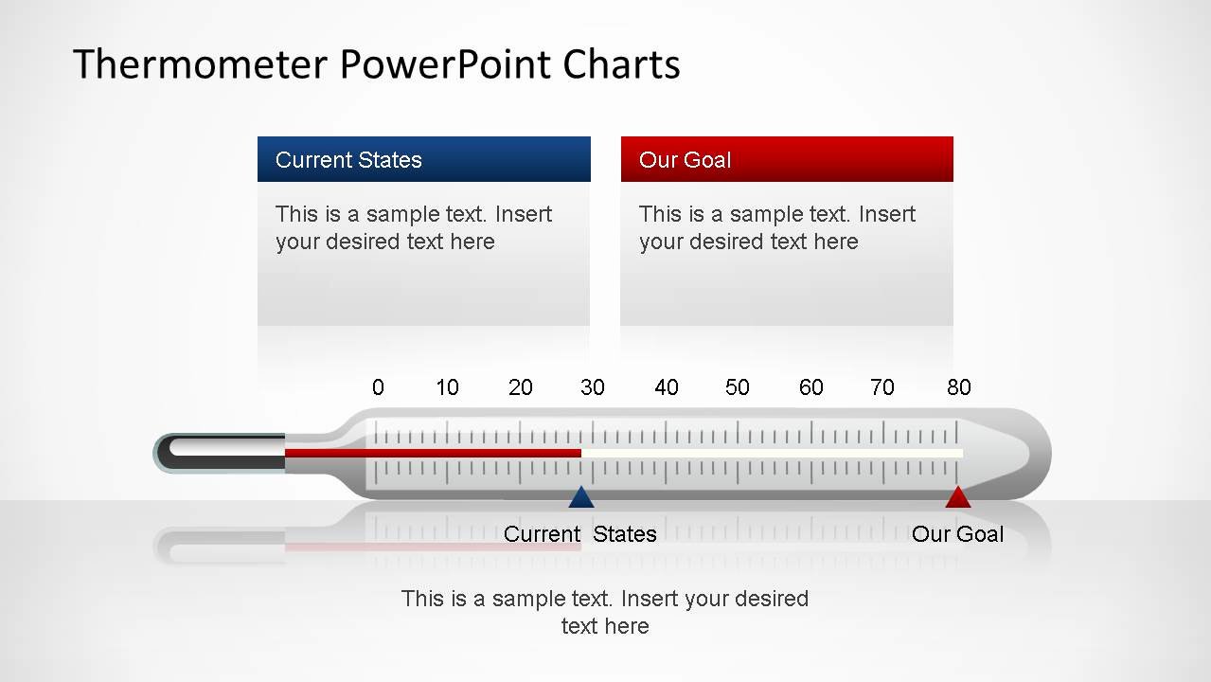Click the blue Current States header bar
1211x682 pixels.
(x=424, y=159)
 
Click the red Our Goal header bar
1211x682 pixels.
(x=787, y=159)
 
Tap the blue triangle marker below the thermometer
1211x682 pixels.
(x=581, y=497)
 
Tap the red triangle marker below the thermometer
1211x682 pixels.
(x=958, y=497)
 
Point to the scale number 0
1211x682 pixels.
(x=378, y=387)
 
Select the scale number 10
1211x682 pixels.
(x=447, y=387)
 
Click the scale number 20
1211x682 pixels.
(x=520, y=387)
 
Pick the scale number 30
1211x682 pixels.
(x=593, y=387)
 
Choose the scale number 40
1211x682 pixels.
(x=666, y=387)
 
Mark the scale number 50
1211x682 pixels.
(x=738, y=387)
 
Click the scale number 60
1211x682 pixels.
(x=810, y=387)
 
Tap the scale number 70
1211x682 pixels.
(x=882, y=387)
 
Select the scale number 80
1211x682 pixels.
(x=958, y=387)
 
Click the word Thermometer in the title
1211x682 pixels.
(x=201, y=64)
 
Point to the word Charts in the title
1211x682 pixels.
(x=621, y=64)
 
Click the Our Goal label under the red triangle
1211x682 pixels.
(x=957, y=534)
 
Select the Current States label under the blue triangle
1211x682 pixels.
(x=579, y=534)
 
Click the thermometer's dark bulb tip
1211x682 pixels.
(x=219, y=453)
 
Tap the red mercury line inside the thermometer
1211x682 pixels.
(x=433, y=453)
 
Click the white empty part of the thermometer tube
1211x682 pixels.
(x=773, y=453)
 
